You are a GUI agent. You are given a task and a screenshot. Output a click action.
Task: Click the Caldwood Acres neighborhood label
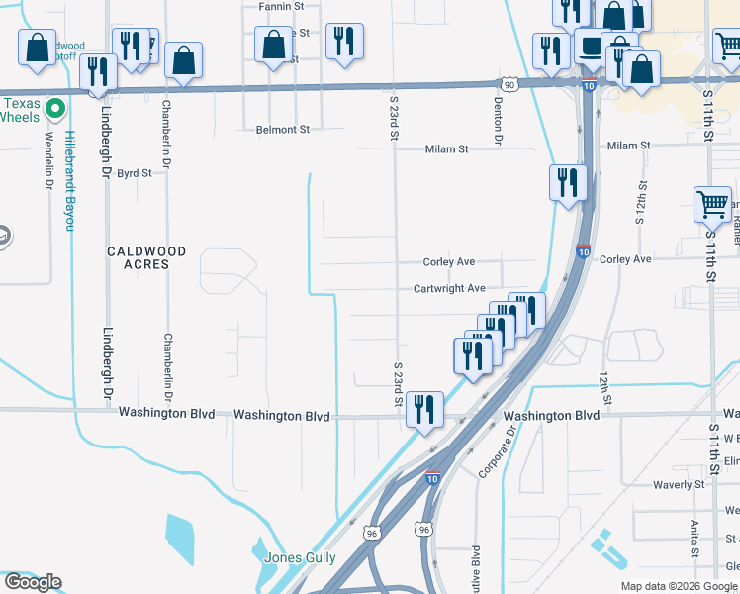[146, 258]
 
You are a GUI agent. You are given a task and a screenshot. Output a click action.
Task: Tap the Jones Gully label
[300, 557]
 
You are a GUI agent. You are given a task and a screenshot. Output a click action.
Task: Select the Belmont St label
[283, 130]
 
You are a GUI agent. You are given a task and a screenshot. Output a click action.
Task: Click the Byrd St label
[135, 173]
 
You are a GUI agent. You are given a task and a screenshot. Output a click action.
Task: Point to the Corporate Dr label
[499, 451]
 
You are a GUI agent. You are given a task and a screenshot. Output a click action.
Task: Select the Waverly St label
[679, 485]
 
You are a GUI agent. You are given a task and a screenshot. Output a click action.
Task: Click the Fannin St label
[282, 6]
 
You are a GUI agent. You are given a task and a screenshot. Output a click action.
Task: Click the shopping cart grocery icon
[712, 204]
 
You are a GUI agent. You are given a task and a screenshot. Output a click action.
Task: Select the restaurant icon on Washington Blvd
[424, 408]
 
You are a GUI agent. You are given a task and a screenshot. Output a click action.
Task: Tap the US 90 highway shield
[509, 85]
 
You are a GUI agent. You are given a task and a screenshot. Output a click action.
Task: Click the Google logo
[33, 582]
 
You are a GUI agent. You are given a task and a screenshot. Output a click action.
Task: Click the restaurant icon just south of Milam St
[568, 182]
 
